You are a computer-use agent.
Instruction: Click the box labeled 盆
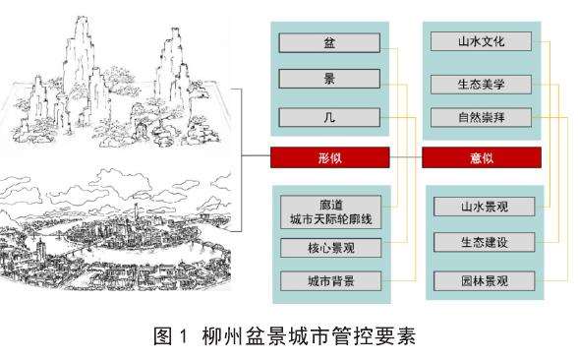(328, 42)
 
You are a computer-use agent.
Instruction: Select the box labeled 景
(328, 80)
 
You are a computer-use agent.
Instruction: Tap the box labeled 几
(328, 118)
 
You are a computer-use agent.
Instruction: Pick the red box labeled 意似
(482, 156)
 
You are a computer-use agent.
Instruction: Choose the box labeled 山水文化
(482, 41)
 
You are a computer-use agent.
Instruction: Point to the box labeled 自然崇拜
(482, 119)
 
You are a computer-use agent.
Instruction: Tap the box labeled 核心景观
(328, 246)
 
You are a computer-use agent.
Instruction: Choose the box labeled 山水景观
(483, 206)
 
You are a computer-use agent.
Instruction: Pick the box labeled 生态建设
(483, 241)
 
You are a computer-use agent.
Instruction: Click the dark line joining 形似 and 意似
(406, 156)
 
